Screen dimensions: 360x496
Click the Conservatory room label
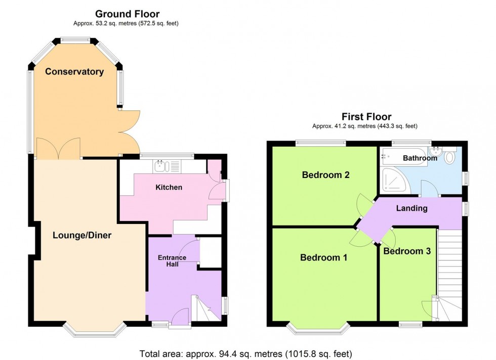74,72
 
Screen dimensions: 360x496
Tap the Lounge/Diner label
82,235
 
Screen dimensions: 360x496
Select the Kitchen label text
169,188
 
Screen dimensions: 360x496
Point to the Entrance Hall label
172,261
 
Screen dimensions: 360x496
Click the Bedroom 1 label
324,257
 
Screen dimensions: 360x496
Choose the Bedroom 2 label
326,175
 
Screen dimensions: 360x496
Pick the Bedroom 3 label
407,251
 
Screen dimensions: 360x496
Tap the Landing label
411,208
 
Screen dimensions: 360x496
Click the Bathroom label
420,158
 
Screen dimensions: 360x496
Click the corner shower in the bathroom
392,181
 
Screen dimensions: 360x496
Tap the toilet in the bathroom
450,157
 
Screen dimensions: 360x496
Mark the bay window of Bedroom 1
318,329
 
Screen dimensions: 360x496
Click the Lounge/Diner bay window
95,330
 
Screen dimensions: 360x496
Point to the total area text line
245,353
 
